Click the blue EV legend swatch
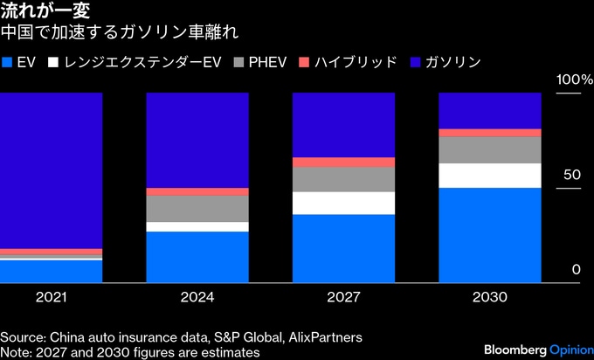(8, 62)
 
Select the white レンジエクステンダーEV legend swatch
(54, 62)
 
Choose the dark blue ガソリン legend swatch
(410, 62)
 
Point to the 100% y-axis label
(575, 80)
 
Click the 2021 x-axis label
(52, 297)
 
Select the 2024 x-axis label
(197, 297)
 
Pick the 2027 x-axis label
(343, 297)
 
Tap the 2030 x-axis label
(489, 297)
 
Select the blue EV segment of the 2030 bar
(489, 235)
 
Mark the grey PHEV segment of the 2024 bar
(197, 209)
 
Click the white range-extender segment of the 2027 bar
(343, 204)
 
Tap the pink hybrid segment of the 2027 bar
(343, 163)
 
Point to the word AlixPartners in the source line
(324, 336)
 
